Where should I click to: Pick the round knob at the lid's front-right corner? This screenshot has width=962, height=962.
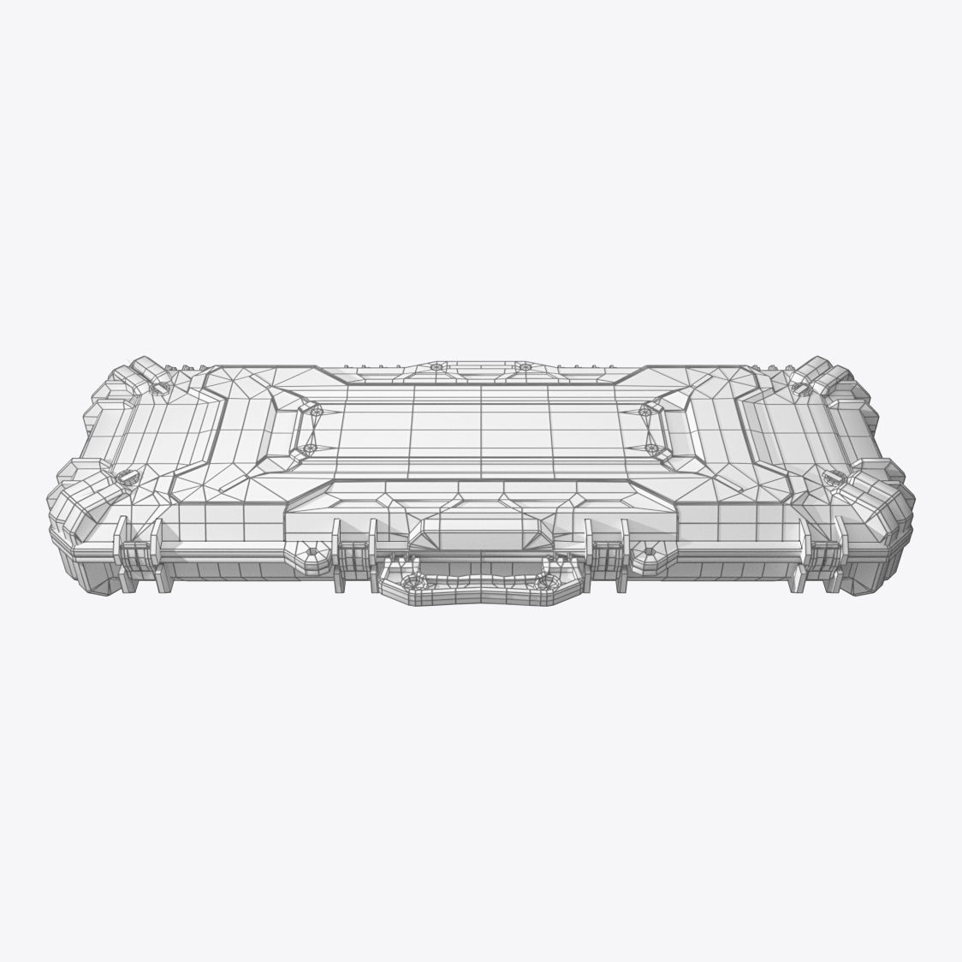coord(832,476)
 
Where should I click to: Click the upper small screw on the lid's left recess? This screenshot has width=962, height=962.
coord(313,412)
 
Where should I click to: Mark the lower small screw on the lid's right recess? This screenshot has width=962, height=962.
coord(652,447)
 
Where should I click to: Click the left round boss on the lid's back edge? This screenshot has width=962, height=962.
coord(436,366)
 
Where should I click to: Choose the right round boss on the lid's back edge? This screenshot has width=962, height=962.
coord(525,366)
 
